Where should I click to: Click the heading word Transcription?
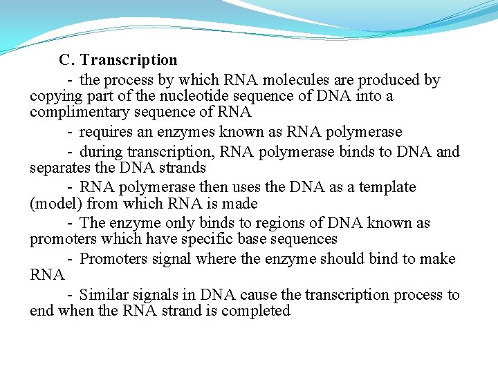coord(129,60)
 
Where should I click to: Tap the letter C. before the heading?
coord(67,60)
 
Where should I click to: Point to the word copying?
coord(54,97)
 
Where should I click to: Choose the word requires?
coord(104,132)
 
